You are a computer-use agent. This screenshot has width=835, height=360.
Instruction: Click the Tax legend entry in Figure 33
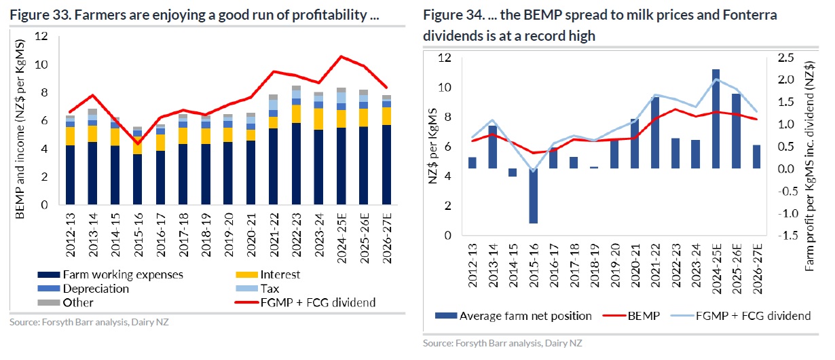coord(269,289)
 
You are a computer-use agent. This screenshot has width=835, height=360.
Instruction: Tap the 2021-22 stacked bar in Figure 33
coord(273,149)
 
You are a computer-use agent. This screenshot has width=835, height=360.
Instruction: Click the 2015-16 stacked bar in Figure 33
coord(138,166)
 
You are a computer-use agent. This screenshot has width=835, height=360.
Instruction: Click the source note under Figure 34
coord(502,344)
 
